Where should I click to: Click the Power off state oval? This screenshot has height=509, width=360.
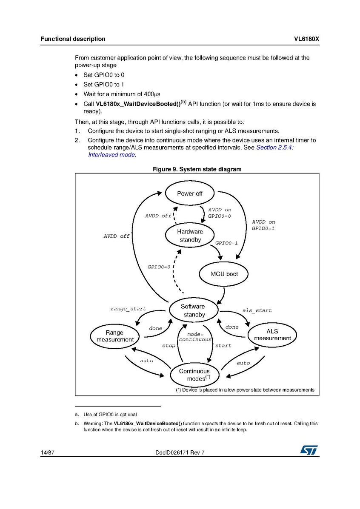pos(190,193)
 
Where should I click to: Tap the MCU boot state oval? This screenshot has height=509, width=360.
pos(224,274)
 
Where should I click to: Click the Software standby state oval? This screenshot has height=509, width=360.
pos(193,310)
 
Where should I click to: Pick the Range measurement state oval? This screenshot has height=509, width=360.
pos(114,336)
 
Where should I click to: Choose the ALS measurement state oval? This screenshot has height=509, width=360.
pos(272,335)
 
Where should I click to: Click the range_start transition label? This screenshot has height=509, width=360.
pos(128,309)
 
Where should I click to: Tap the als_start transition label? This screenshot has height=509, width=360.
pos(257,310)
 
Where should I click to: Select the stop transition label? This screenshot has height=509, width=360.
pos(169,346)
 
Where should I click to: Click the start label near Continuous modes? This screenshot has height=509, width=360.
pos(223,346)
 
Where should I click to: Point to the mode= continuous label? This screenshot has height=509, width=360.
pos(195,337)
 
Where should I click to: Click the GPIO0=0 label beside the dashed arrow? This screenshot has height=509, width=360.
pos(159,267)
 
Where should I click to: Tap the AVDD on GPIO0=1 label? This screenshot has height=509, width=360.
pos(263,225)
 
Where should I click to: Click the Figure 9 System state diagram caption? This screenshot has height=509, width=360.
pos(197,169)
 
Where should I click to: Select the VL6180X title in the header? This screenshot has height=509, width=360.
pos(306,39)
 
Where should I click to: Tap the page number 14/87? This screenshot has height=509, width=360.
pos(47,452)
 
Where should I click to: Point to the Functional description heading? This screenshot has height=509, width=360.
pos(73,39)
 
